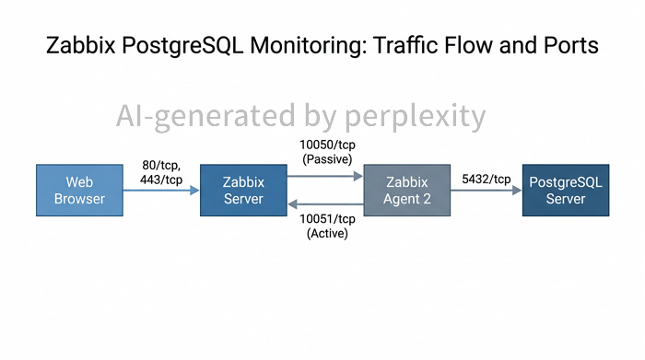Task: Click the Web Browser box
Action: [79, 191]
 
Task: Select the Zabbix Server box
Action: [243, 191]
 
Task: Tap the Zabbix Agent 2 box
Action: [407, 191]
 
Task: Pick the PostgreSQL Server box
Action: [566, 191]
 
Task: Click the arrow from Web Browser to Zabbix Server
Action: [161, 191]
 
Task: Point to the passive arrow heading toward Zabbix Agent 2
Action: [325, 176]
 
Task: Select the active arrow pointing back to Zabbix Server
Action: [325, 203]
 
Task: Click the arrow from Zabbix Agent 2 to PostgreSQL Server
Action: [487, 191]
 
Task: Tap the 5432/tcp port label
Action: [487, 180]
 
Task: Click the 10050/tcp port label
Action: [327, 145]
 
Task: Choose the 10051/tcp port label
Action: [327, 218]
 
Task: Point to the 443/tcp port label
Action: [161, 180]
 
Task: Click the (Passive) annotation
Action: [327, 159]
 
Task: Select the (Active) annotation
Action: [327, 234]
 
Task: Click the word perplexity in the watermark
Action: [415, 117]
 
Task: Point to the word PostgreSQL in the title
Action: [182, 46]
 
